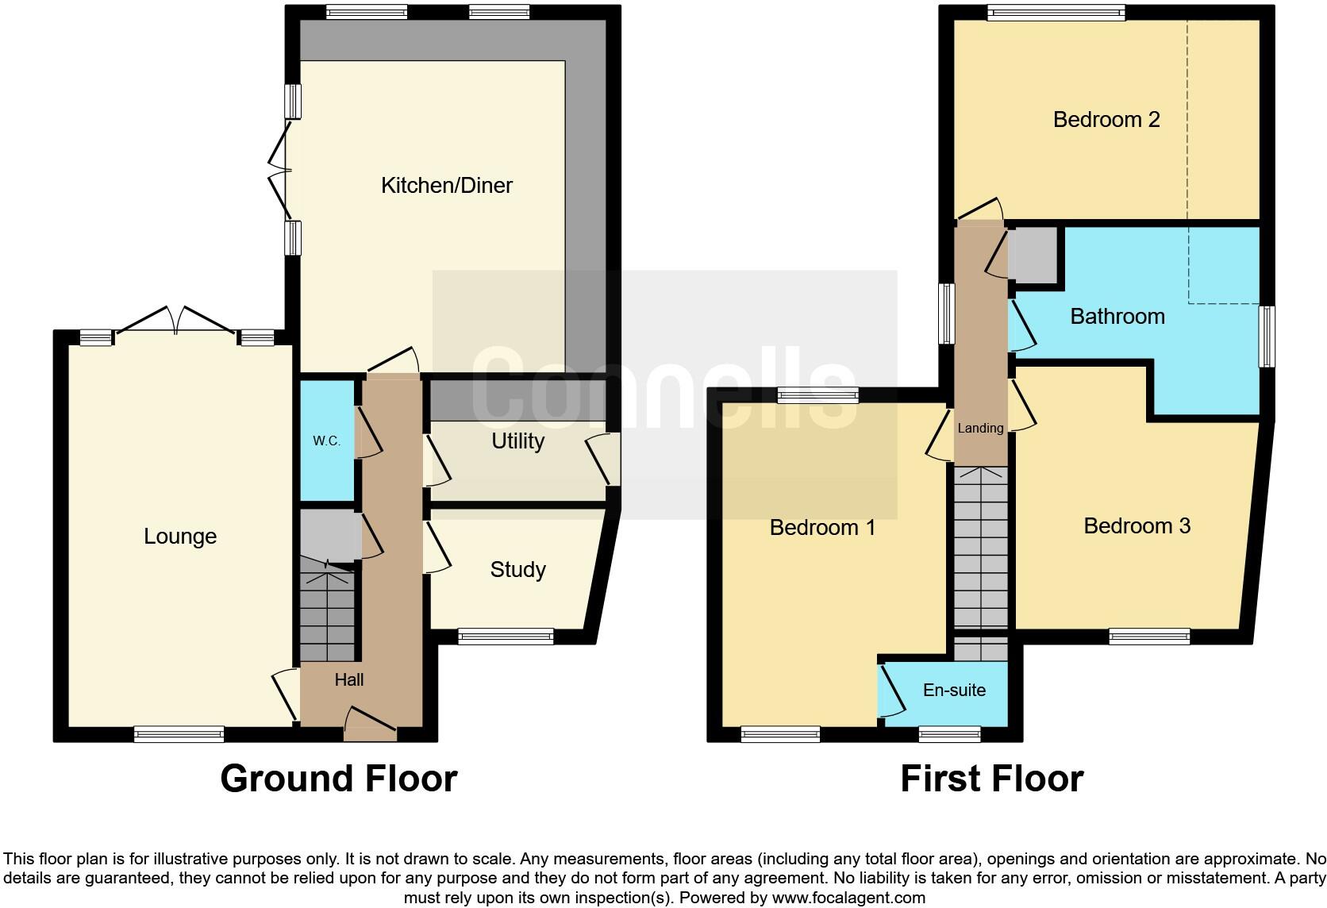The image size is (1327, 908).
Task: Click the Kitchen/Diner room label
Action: tap(447, 186)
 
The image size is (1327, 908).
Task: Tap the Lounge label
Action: tap(180, 537)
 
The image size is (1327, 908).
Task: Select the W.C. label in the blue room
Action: tap(326, 441)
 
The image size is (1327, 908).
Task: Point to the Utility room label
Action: tap(517, 441)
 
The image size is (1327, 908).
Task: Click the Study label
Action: tap(517, 569)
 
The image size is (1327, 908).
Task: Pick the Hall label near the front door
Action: tap(349, 679)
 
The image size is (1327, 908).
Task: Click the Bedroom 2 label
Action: tap(1106, 120)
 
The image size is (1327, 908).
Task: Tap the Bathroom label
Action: tap(1117, 317)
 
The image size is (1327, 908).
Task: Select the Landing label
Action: tap(980, 429)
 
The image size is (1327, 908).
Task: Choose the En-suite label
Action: tap(954, 691)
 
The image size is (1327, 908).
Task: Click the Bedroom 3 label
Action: tap(1137, 526)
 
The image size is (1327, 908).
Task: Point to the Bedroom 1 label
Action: tap(822, 528)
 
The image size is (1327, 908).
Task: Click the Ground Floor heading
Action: tap(339, 779)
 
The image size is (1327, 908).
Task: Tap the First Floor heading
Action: tap(991, 779)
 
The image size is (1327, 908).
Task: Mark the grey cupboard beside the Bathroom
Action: tap(1034, 255)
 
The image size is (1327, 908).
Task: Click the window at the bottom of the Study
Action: tap(506, 635)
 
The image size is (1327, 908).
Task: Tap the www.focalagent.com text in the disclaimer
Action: tap(848, 898)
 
